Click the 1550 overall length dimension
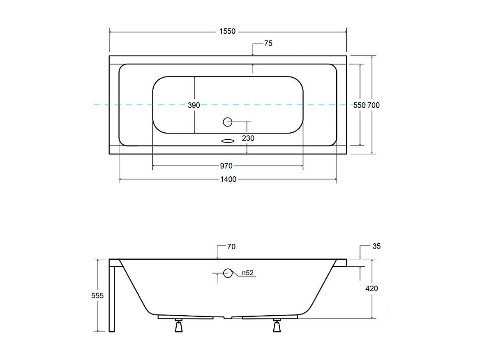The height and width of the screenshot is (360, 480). (x=228, y=31)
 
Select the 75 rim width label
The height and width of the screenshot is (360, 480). (x=268, y=43)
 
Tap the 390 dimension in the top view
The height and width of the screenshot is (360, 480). (x=194, y=105)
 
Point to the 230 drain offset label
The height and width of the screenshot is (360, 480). (x=248, y=138)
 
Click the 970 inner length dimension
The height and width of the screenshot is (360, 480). (x=226, y=166)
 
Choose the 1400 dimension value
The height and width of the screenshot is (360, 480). (x=228, y=179)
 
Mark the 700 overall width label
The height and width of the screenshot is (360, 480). (x=373, y=105)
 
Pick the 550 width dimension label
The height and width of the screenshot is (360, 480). (x=360, y=105)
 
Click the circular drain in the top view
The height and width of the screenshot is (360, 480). (x=228, y=122)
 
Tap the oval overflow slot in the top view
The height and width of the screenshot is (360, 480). (x=227, y=141)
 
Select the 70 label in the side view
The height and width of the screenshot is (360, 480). (x=231, y=247)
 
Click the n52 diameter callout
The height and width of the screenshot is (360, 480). (x=247, y=273)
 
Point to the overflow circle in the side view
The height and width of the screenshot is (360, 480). (x=228, y=273)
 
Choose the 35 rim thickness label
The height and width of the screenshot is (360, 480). (x=376, y=246)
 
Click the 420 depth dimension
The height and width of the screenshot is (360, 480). (x=372, y=288)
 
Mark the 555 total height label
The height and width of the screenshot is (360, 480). (x=97, y=295)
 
